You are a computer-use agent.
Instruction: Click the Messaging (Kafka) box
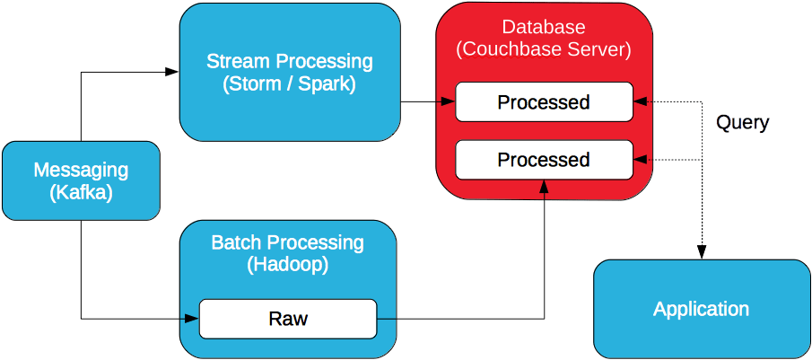(81, 180)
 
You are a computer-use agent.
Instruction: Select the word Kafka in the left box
(81, 192)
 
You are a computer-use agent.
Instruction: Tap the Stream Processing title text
(289, 62)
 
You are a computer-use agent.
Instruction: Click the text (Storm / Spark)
(289, 85)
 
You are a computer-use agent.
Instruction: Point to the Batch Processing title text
(287, 242)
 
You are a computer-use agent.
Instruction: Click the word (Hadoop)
(287, 265)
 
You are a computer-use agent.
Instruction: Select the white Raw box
(288, 319)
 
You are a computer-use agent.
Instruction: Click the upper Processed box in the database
(544, 101)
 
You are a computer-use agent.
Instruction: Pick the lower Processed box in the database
(544, 160)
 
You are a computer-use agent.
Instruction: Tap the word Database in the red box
(544, 27)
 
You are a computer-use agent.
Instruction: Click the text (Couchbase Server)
(544, 49)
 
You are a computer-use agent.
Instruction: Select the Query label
(742, 123)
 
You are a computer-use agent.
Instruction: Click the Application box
(701, 310)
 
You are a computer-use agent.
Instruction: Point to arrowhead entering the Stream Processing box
(173, 72)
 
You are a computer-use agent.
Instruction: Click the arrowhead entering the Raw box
(192, 318)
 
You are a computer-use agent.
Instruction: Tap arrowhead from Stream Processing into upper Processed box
(450, 101)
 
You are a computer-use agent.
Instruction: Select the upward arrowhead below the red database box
(544, 185)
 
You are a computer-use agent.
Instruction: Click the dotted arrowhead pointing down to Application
(702, 254)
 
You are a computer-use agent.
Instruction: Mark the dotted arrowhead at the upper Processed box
(639, 101)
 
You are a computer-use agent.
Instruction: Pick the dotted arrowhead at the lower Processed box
(639, 160)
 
